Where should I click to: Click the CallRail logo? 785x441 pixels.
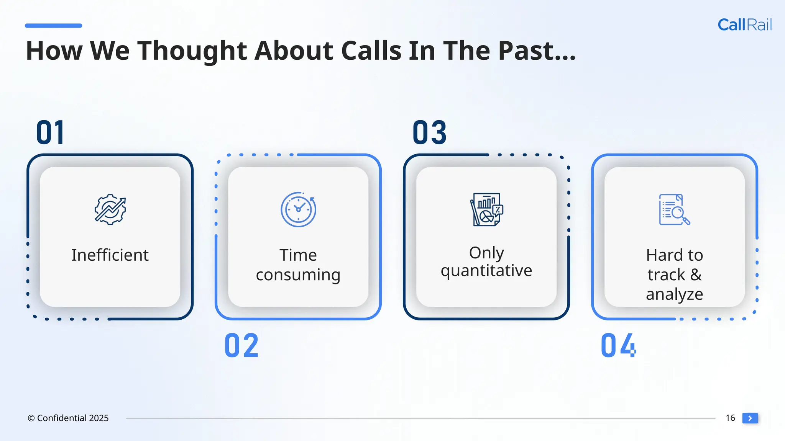tap(744, 25)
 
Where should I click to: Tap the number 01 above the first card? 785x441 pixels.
tap(50, 132)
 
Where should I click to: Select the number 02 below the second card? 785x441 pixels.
tap(241, 346)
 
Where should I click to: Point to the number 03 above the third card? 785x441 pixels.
tap(429, 132)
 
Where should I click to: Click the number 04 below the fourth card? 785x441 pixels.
tap(618, 346)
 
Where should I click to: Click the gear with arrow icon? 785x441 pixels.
tap(110, 209)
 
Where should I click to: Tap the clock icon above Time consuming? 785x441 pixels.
tap(298, 209)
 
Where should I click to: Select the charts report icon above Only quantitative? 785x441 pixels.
tap(486, 209)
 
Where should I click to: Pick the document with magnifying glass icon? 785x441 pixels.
tap(674, 209)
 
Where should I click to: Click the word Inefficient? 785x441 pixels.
tap(110, 255)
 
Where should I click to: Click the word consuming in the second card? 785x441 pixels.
tap(298, 275)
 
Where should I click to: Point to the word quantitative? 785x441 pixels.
tap(486, 271)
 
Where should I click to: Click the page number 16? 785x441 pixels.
tap(730, 418)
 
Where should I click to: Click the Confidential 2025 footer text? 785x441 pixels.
tap(68, 418)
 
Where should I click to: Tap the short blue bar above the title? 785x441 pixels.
tap(53, 26)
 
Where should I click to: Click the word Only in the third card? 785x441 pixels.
tap(486, 253)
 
